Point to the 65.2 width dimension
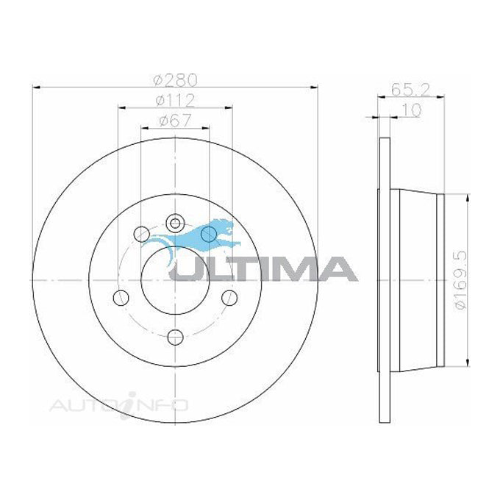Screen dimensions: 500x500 (x=406, y=93)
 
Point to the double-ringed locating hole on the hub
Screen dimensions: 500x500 (x=174, y=222)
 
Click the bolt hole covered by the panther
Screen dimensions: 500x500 (x=210, y=235)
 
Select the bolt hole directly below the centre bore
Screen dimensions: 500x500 (x=175, y=337)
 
